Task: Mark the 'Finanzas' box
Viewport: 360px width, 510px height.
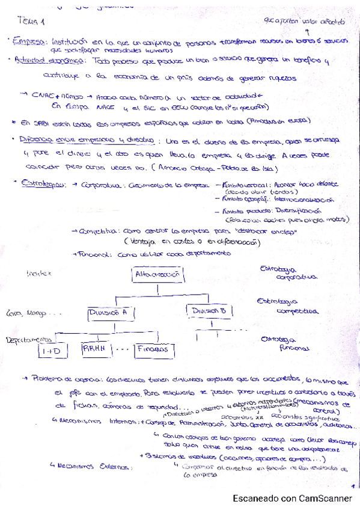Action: [x=151, y=349]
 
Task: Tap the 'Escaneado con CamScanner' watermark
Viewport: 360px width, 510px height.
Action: [x=293, y=498]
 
